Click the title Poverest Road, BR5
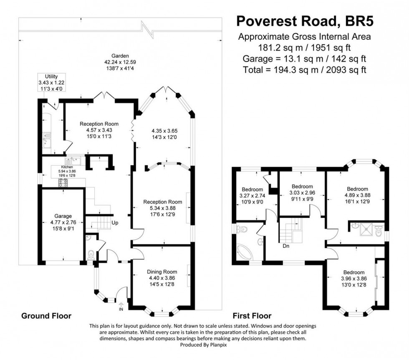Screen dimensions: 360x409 (x=304, y=20)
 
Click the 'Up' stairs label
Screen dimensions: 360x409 (x=115, y=223)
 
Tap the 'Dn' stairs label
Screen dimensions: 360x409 (x=286, y=246)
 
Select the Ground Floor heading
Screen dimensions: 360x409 (x=46, y=316)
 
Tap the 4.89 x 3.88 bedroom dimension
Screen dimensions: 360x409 (x=357, y=195)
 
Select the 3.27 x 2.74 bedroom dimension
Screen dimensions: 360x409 (x=252, y=195)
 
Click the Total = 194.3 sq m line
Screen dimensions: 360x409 (x=304, y=69)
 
